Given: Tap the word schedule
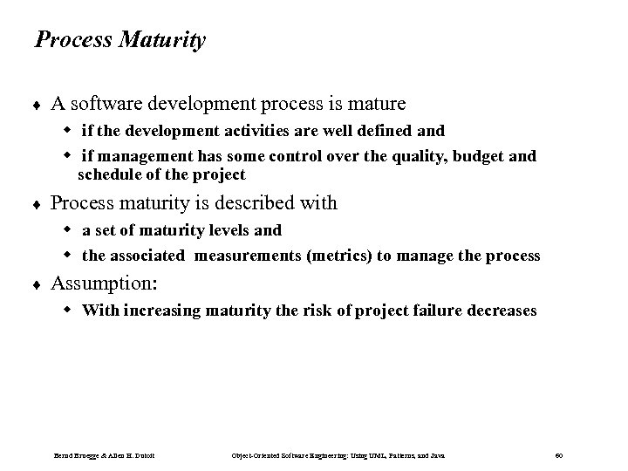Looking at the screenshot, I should pos(108,174).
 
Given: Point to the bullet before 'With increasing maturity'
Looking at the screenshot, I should pos(72,311).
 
